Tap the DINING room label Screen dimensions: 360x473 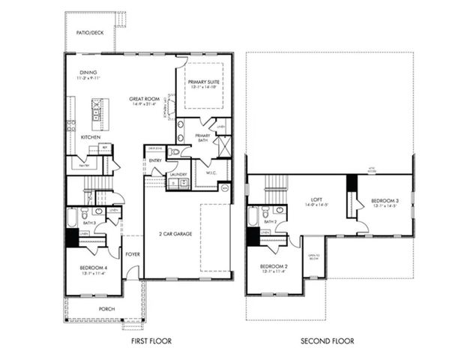[x=88, y=73]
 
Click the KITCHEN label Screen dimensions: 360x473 [x=91, y=137]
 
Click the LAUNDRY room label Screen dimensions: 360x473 [x=178, y=174]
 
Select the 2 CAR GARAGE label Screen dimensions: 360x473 [x=176, y=234]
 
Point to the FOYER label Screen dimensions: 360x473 [x=133, y=254]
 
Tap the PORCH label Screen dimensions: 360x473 [x=107, y=308]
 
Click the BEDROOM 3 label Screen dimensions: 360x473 [x=383, y=201]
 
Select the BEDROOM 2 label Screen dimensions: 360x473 [x=274, y=266]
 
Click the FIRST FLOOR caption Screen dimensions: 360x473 [x=151, y=341]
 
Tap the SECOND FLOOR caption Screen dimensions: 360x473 [x=328, y=341]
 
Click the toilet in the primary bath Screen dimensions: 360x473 [x=174, y=152]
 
